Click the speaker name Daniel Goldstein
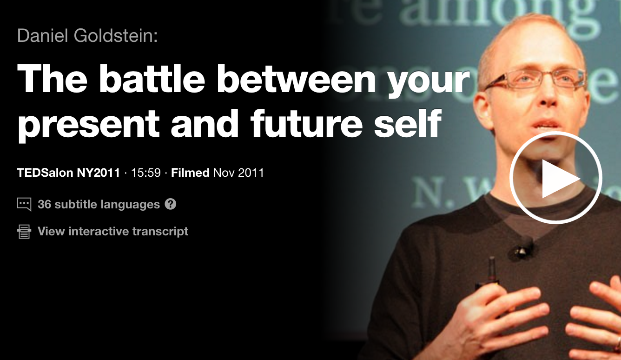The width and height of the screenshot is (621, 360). (87, 36)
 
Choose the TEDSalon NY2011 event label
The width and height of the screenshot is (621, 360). (68, 173)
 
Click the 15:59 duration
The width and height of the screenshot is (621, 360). (145, 173)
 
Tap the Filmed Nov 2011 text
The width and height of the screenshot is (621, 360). (218, 173)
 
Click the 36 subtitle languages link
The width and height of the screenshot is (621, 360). (99, 204)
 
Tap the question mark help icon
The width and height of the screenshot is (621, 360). (171, 204)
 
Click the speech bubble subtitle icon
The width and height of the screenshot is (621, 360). (24, 204)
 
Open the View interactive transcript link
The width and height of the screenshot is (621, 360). (113, 231)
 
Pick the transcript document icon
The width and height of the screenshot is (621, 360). (24, 231)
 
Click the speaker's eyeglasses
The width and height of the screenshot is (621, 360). (535, 79)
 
